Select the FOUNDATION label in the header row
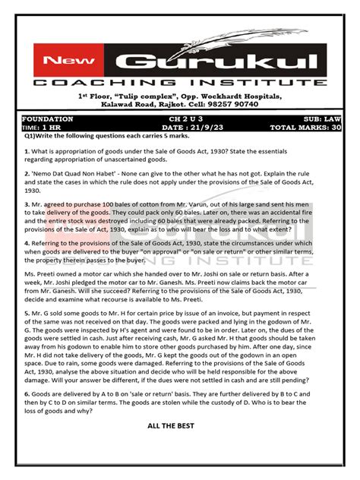48,119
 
